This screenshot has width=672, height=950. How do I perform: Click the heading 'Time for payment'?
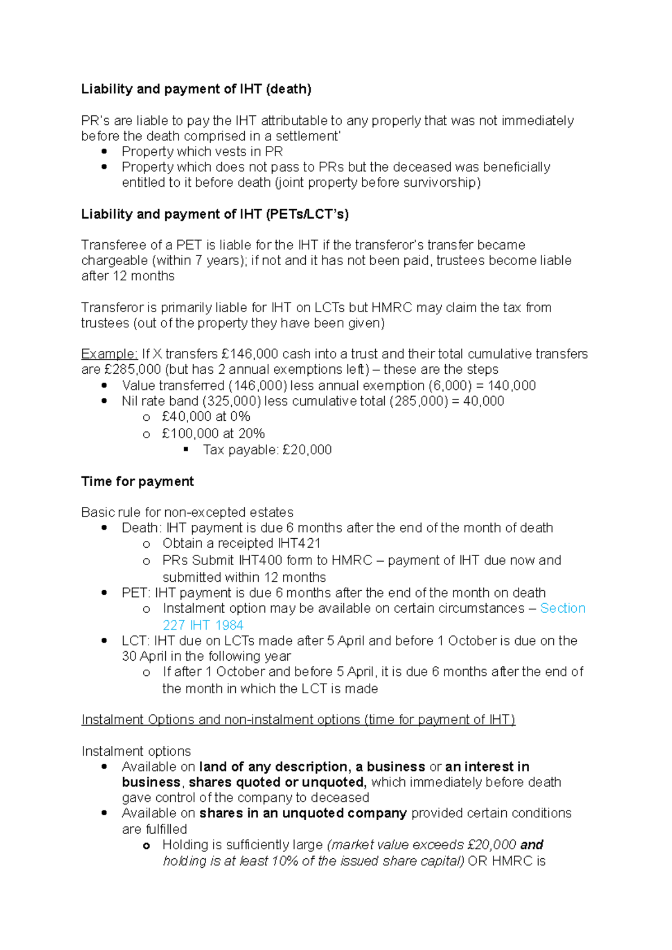click(137, 482)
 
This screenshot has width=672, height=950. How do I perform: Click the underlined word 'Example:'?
click(109, 354)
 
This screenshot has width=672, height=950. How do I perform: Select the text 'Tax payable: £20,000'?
click(267, 450)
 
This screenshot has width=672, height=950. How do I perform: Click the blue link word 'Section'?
click(562, 608)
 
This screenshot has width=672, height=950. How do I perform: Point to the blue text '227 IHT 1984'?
click(203, 625)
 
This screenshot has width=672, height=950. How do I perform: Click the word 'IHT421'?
click(298, 543)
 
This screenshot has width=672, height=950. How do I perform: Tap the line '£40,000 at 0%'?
click(206, 417)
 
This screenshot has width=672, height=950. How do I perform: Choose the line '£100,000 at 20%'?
click(213, 434)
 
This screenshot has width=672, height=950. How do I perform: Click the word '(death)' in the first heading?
click(288, 89)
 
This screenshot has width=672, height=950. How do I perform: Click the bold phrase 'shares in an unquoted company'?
click(303, 813)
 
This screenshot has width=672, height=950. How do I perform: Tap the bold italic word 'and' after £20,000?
click(531, 845)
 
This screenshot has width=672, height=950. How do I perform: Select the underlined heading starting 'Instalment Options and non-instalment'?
click(298, 719)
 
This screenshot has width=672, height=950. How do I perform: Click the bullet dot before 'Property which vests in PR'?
click(104, 152)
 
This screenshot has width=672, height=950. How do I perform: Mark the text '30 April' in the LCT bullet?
click(144, 656)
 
